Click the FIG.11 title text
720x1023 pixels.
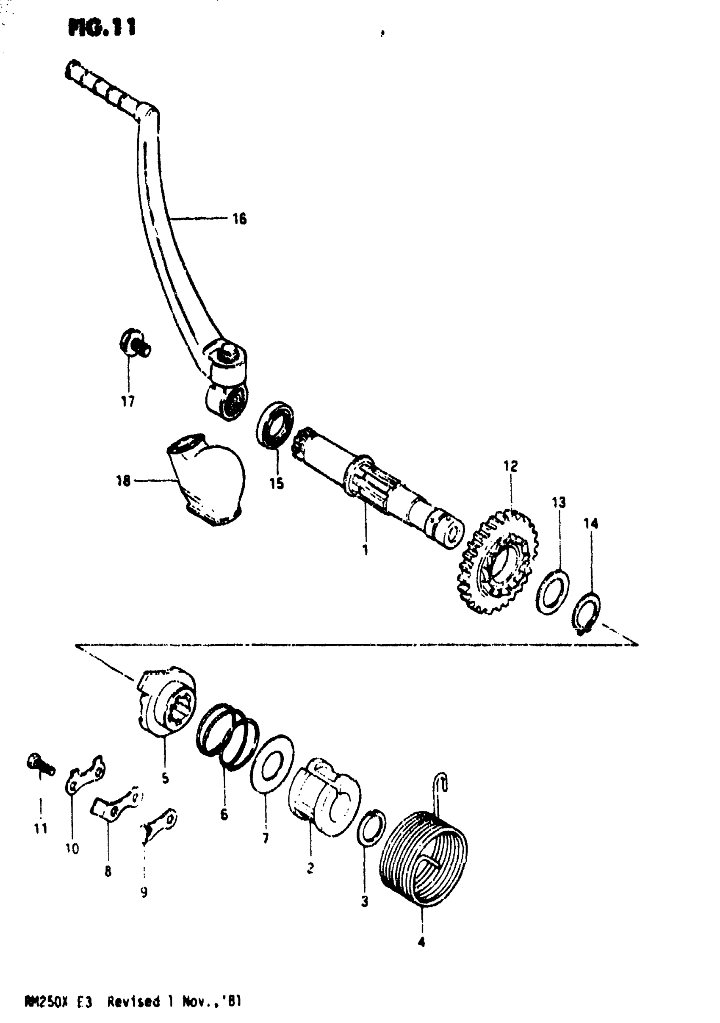[102, 28]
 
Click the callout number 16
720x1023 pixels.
[239, 219]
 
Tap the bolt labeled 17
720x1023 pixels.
[134, 344]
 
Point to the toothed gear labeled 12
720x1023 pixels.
[498, 563]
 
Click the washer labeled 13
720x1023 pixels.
[552, 591]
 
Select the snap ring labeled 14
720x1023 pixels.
[586, 612]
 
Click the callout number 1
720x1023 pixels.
[366, 550]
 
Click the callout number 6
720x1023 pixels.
[224, 815]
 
